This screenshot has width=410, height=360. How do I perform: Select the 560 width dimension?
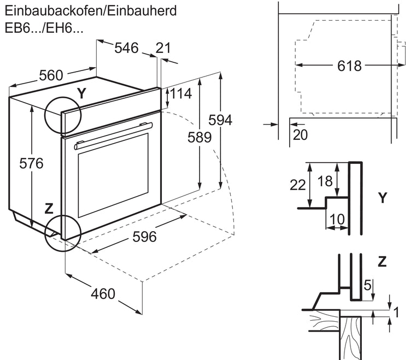tap(51, 76)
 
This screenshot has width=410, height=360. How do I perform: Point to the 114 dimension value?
tap(181, 93)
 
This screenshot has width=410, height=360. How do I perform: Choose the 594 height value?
tap(221, 120)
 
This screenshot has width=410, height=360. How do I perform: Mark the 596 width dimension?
tap(145, 237)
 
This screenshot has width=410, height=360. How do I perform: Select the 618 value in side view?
tap(349, 66)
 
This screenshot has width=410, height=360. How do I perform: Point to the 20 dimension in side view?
tap(300, 134)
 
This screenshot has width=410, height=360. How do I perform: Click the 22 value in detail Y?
tap(298, 185)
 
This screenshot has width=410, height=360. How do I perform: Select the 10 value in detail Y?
tap(337, 219)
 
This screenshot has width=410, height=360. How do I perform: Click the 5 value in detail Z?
tap(367, 284)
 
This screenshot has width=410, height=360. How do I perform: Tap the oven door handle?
tap(113, 135)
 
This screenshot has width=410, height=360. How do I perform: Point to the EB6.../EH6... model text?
tap(44, 29)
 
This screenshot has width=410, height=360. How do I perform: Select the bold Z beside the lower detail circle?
tap(49, 208)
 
